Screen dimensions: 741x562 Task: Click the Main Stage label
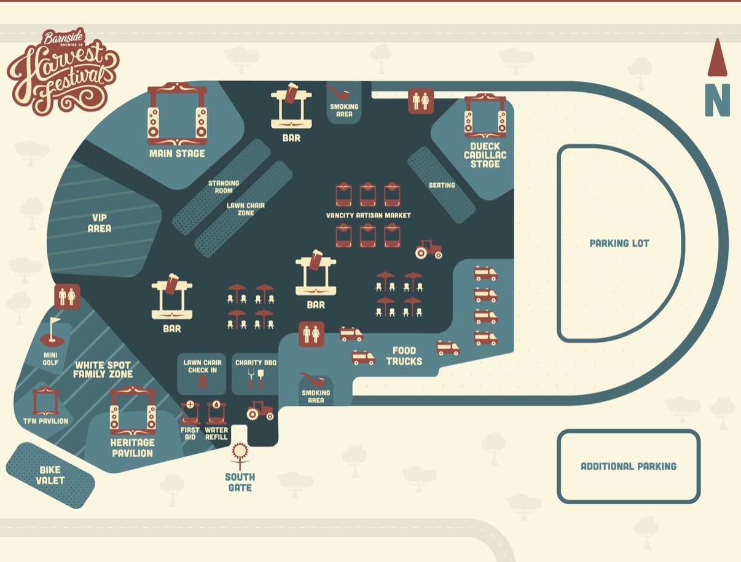[x=177, y=154]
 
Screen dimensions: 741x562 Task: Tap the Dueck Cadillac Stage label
[x=485, y=156]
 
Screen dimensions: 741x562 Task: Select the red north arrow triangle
[x=718, y=57]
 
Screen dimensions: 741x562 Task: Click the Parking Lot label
[x=619, y=243]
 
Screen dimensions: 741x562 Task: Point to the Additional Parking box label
[x=629, y=467]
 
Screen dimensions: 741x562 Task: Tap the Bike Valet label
[x=50, y=475]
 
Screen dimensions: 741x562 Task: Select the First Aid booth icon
[x=190, y=413]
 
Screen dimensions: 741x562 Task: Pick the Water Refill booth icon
[x=216, y=413]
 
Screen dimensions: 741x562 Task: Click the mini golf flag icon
[x=52, y=332]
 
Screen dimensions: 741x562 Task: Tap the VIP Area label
[x=100, y=223]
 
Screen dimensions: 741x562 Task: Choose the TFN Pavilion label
[x=45, y=421]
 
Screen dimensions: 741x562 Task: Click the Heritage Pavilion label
[x=132, y=448]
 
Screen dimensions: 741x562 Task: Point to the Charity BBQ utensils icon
[x=256, y=379]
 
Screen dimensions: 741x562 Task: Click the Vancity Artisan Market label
[x=368, y=215]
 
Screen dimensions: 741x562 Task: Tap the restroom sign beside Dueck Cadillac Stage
[x=421, y=101]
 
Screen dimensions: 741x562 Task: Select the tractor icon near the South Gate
[x=260, y=411]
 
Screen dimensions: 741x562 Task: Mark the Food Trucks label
[x=404, y=356]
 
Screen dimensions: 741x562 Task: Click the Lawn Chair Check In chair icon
[x=203, y=383]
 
